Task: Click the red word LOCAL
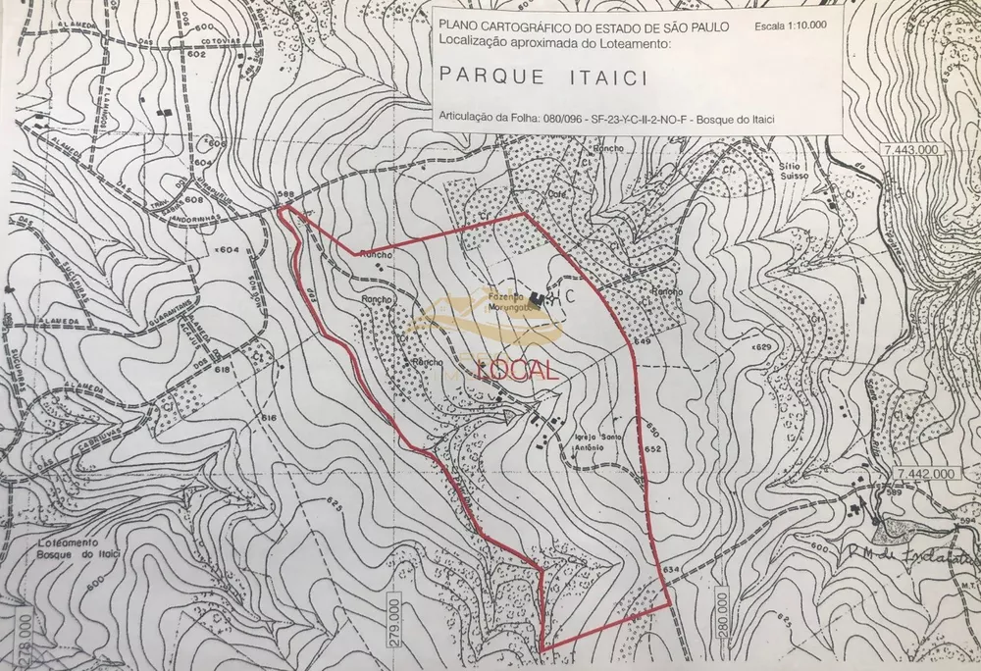517,369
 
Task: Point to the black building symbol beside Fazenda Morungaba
537,297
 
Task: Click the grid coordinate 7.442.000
926,473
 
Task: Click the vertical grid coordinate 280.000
721,614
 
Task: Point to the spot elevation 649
642,340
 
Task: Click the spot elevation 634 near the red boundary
671,569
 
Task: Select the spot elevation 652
654,448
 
